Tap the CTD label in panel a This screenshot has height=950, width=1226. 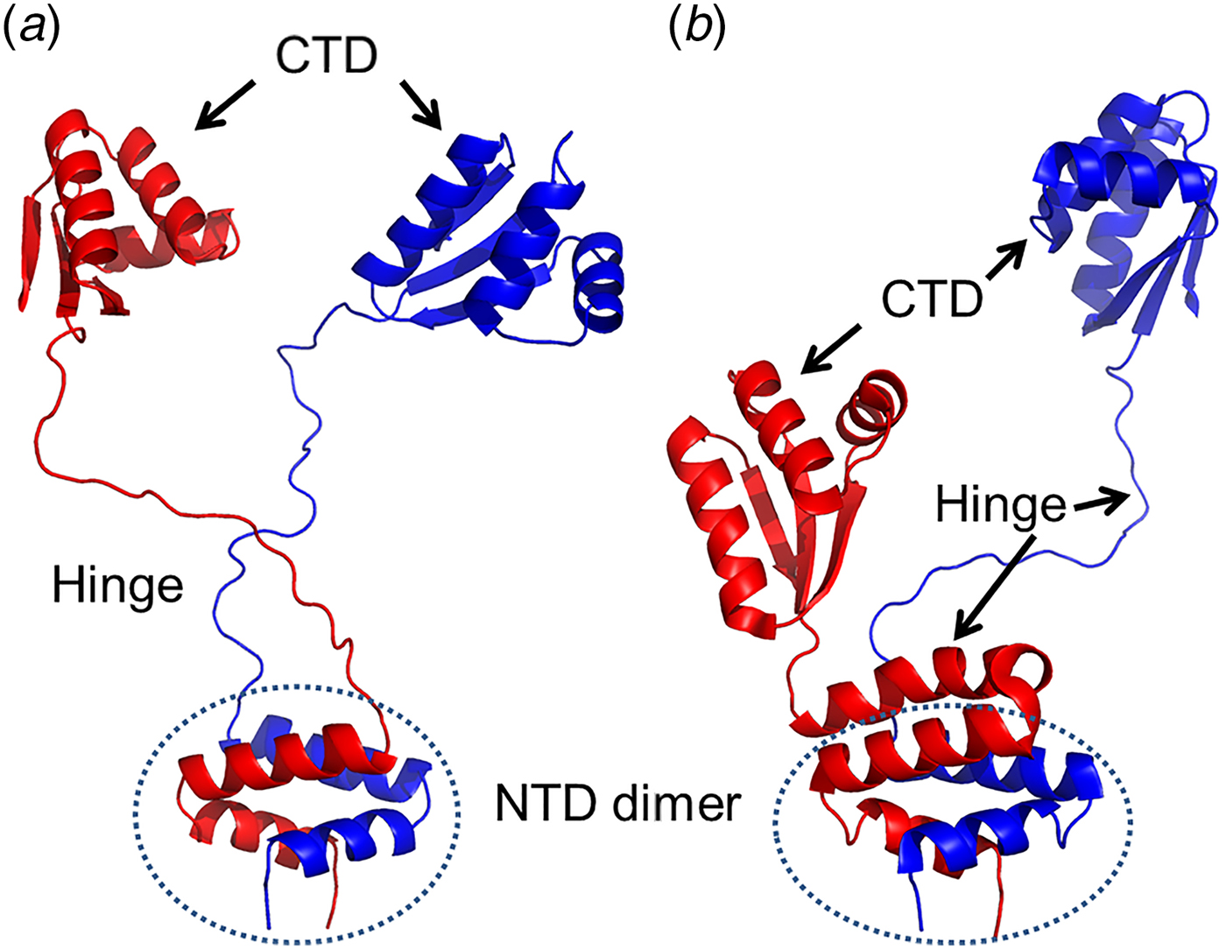[327, 56]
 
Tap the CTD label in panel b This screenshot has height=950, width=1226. [932, 300]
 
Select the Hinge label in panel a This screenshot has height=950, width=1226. [117, 584]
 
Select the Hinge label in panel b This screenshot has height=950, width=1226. [1000, 504]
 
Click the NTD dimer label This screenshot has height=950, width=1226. [617, 803]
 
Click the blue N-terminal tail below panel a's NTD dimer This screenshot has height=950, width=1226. [268, 902]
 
